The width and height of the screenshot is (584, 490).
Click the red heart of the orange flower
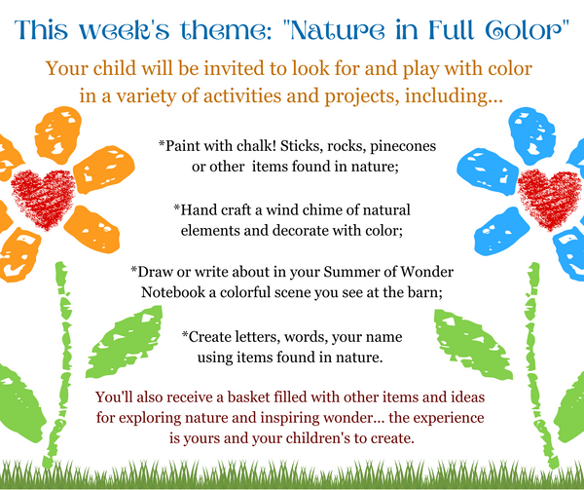[43, 199]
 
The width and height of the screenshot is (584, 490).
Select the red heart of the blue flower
[549, 199]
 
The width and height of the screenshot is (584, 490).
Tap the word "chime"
[322, 209]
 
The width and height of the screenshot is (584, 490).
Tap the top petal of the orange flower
[58, 134]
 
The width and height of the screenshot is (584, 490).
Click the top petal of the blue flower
[531, 135]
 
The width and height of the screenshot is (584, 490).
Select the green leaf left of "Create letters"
[124, 342]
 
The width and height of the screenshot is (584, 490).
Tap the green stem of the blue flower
[537, 365]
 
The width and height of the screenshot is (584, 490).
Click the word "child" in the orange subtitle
[115, 68]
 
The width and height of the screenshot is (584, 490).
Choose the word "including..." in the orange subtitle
[454, 96]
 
